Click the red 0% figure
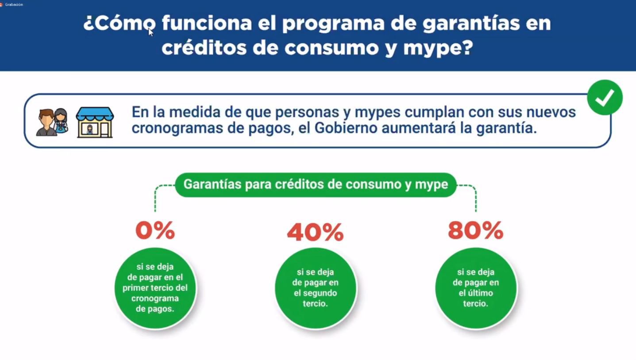[155, 230]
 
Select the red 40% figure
[315, 232]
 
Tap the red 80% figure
[476, 230]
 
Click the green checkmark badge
[605, 97]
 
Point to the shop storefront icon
[95, 122]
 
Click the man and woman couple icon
[52, 122]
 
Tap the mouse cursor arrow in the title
[150, 32]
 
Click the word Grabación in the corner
[14, 4]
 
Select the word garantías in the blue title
[471, 23]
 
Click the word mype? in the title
[438, 48]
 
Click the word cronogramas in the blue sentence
[177, 128]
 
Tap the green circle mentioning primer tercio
[155, 288]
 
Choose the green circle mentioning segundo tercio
[316, 288]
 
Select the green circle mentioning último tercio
[476, 288]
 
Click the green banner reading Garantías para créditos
[316, 185]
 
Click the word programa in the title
[333, 24]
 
